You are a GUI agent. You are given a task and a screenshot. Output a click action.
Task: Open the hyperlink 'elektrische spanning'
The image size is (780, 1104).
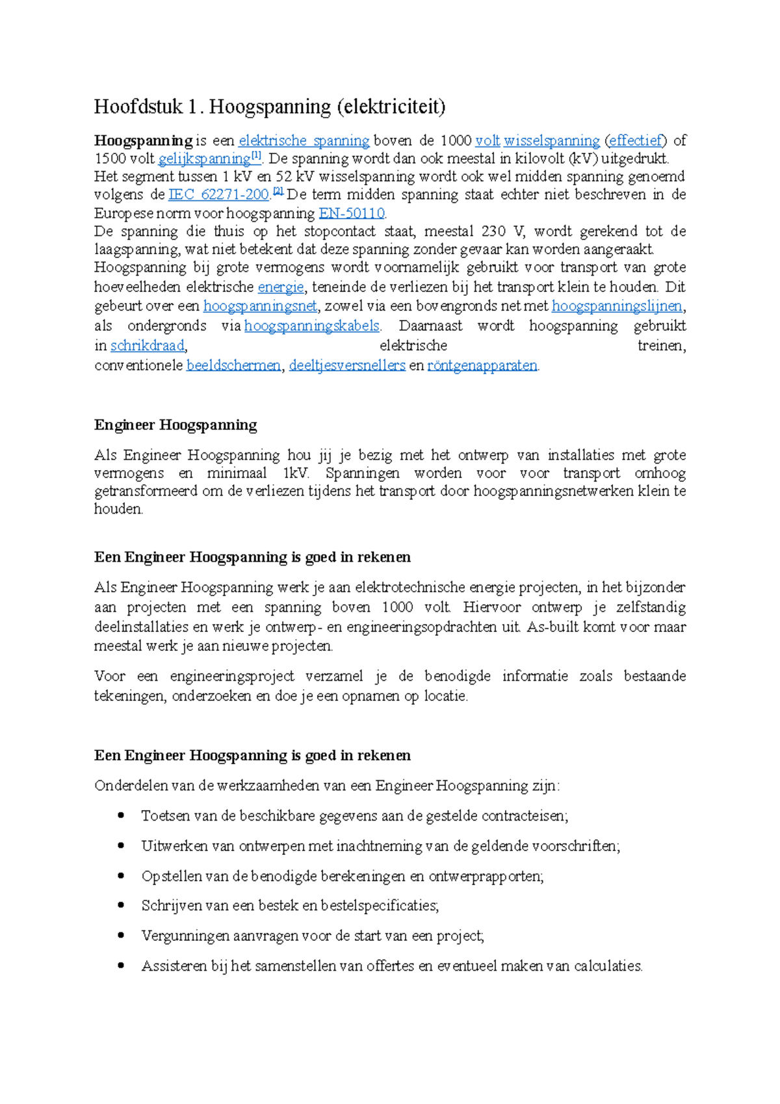304,140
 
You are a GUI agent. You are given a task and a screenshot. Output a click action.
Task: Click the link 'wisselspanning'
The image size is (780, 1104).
551,140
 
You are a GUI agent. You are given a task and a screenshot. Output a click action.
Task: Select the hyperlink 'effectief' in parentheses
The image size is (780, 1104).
635,140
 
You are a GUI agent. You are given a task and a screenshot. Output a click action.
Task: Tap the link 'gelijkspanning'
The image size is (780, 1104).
204,159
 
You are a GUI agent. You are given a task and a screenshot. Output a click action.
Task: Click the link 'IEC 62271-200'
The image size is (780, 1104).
218,194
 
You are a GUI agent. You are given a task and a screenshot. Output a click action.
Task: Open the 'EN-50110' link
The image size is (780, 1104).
352,213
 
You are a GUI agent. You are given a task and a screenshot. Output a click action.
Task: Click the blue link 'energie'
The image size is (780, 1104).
281,287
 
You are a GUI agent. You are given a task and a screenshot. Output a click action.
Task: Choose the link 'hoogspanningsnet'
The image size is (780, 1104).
260,306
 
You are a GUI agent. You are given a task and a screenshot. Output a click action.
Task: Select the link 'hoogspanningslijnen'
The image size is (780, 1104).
617,306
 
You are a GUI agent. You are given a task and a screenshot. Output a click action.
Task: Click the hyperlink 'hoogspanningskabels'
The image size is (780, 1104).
311,326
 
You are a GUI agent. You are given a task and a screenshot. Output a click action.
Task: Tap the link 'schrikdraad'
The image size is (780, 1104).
148,345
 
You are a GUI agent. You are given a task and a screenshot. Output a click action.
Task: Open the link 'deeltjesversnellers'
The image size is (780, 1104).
347,365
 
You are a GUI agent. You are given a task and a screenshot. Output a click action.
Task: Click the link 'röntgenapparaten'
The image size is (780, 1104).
482,365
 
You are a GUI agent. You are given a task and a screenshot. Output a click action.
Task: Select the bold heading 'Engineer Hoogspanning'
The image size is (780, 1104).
175,425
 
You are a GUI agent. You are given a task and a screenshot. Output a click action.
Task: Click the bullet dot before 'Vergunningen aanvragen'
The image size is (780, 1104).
120,935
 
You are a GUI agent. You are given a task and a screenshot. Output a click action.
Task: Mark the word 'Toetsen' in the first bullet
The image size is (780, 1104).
164,816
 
